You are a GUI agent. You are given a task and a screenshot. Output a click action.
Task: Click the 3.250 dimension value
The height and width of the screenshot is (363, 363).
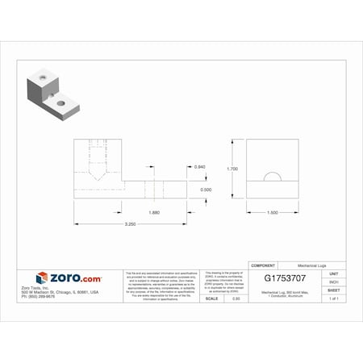(130, 223)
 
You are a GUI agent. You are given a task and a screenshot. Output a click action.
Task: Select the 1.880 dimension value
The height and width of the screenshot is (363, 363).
(152, 212)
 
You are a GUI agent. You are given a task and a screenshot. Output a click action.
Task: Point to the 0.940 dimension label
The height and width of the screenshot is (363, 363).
(200, 166)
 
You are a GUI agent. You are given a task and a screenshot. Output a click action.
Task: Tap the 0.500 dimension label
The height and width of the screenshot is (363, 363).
(207, 190)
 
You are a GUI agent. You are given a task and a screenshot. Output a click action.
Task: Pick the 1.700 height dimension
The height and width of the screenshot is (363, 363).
(232, 169)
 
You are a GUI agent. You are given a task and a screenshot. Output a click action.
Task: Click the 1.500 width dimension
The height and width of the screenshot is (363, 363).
(273, 212)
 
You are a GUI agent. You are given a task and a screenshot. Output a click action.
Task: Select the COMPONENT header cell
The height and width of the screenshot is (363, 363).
(264, 265)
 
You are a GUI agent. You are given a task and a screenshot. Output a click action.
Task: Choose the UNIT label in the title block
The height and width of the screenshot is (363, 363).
(333, 274)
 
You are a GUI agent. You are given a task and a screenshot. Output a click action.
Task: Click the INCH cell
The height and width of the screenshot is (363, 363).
(333, 282)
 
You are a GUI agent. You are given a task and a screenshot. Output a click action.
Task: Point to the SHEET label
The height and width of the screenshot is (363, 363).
(333, 290)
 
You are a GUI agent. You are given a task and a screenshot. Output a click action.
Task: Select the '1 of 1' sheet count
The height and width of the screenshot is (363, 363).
(333, 298)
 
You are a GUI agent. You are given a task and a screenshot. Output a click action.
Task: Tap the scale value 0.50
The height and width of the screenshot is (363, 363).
(236, 298)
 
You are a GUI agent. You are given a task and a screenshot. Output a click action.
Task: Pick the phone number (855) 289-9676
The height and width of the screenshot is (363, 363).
(60, 297)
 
